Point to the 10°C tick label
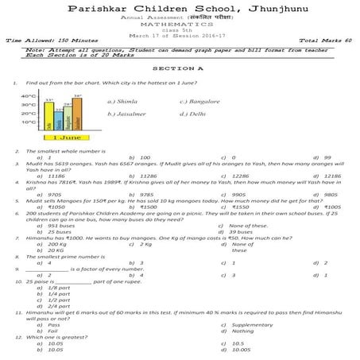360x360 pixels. pos(26,122)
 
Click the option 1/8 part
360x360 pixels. pos(58,287)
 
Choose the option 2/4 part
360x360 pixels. pos(58,306)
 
